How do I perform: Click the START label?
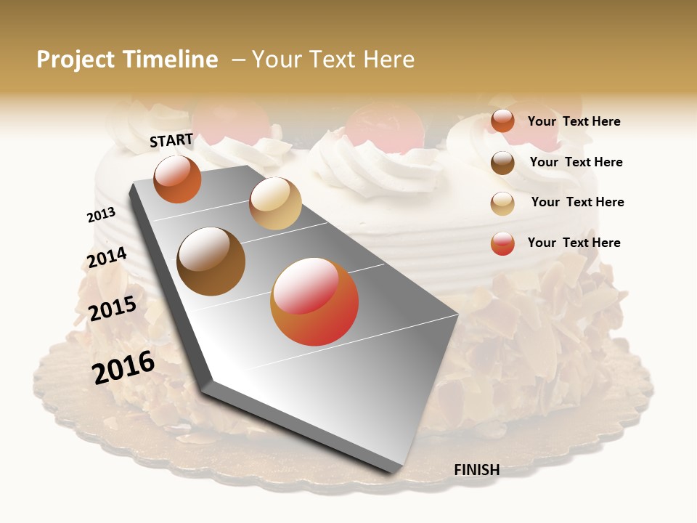171,140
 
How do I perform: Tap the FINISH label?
476,470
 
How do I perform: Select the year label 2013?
101,215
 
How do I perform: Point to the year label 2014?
107,258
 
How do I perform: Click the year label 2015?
112,309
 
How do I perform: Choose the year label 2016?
123,367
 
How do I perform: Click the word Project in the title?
76,60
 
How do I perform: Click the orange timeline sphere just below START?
177,179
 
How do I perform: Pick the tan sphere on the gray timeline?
275,203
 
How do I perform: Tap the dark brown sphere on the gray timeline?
211,261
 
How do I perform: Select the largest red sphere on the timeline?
314,301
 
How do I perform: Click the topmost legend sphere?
502,121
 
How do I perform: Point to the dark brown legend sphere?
502,163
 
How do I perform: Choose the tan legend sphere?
502,203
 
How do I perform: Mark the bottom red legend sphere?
502,243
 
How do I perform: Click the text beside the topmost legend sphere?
574,121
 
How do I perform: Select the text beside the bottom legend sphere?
574,243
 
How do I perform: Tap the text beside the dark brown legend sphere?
576,162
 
